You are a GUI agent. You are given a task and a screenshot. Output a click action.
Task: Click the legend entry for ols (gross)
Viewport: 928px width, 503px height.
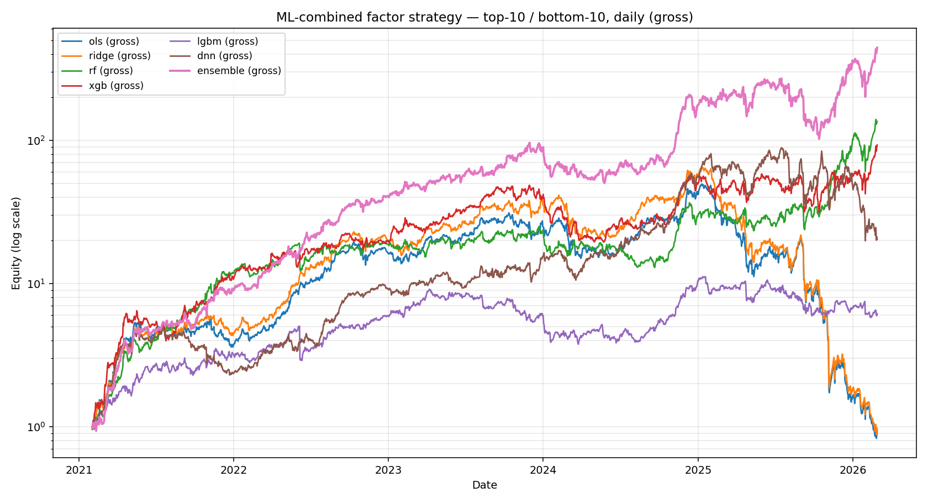pos(114,41)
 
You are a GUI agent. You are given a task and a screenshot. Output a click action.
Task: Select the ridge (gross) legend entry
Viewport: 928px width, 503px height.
pos(119,56)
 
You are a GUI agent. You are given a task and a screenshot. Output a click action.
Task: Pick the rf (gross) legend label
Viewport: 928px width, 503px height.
pos(110,71)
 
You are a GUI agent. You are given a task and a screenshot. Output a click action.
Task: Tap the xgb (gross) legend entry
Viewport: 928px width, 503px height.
pos(116,86)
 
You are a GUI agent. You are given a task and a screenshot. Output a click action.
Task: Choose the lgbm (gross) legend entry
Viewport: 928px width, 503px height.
pos(228,41)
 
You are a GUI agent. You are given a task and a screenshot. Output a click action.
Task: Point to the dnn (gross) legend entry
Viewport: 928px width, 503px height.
pos(224,56)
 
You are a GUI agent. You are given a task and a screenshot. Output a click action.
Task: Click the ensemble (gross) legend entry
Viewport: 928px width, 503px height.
pos(239,71)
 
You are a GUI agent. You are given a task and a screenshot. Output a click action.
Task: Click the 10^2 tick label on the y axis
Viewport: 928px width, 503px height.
pos(39,140)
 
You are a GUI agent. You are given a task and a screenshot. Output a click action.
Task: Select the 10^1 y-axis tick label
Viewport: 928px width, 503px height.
pos(39,283)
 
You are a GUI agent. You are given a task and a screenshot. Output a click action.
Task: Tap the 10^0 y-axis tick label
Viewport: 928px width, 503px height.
pos(39,427)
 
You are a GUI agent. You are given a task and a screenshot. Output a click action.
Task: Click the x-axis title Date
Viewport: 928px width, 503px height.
pos(484,485)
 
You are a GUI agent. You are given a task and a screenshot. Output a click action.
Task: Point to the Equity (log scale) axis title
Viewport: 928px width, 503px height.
pos(16,243)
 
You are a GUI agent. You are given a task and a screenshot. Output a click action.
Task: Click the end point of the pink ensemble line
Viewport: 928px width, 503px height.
pos(877,48)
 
